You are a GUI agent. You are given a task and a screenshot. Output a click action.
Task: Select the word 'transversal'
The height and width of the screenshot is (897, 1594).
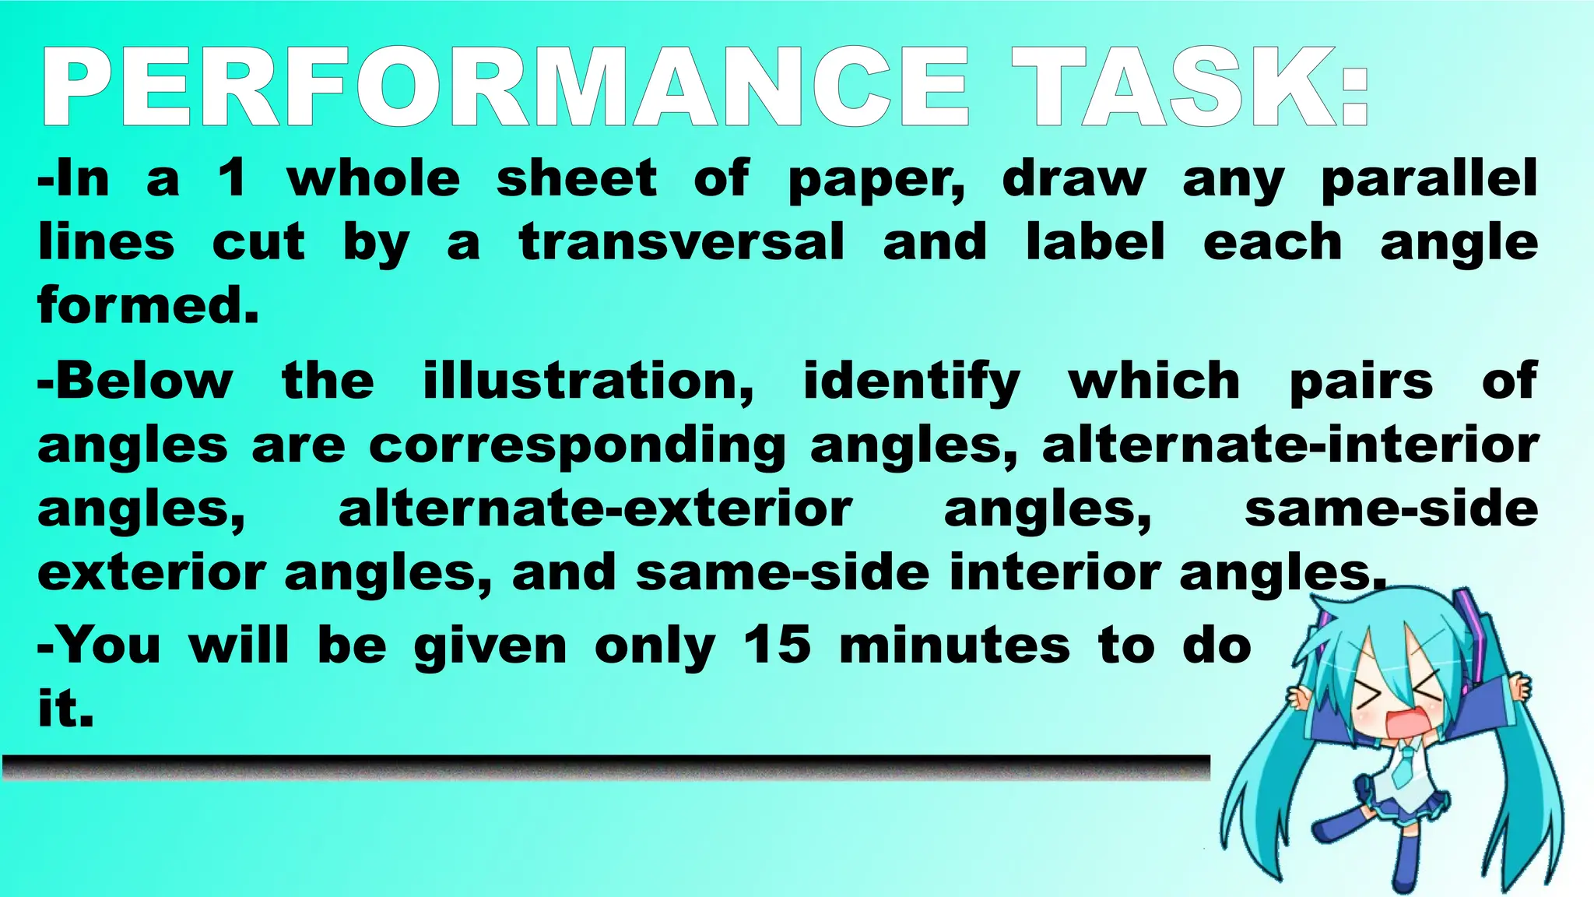click(x=682, y=242)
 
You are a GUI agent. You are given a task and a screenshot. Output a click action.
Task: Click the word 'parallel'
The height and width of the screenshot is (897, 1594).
click(x=1429, y=179)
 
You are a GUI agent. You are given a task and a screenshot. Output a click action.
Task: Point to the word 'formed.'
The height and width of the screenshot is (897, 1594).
click(x=148, y=305)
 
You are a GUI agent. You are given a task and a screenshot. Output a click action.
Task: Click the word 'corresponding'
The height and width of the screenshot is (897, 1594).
click(x=577, y=447)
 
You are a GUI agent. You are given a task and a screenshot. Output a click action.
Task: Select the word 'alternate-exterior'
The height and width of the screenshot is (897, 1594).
click(x=595, y=510)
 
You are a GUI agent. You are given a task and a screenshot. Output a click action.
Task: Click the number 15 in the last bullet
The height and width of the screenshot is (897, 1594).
click(x=777, y=645)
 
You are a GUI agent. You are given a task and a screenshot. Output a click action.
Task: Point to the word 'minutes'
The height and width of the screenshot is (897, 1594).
click(x=954, y=645)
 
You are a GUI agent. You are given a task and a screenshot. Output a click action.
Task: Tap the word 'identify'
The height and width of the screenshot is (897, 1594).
click(x=911, y=383)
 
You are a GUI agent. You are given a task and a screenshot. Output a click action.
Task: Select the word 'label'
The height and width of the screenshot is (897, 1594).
click(x=1095, y=242)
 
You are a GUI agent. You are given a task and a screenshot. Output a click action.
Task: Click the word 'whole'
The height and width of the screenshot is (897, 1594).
click(x=374, y=179)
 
